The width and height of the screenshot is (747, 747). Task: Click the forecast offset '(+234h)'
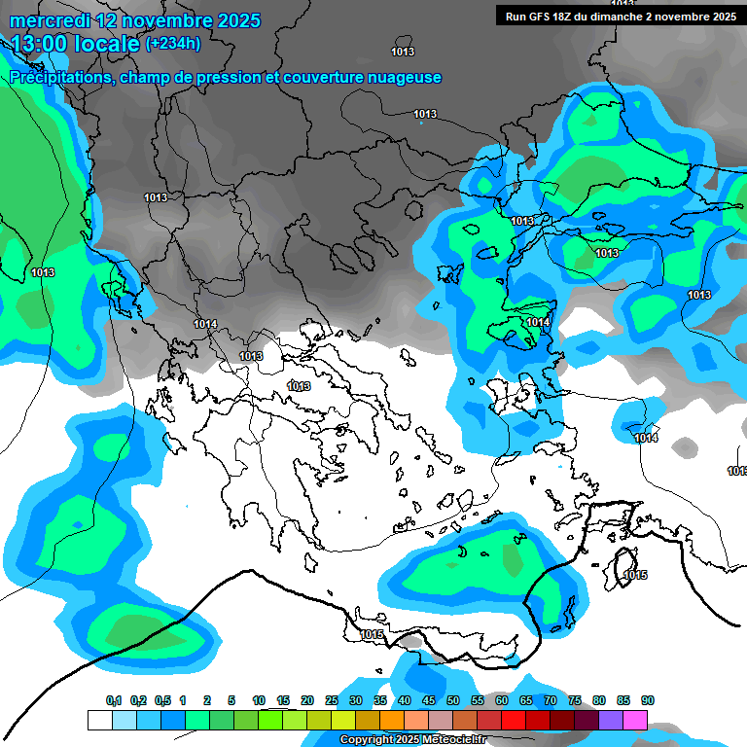pyautogui.click(x=173, y=43)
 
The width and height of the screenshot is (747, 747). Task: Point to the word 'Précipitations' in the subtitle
pyautogui.click(x=58, y=77)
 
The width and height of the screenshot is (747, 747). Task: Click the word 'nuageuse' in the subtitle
pyautogui.click(x=404, y=77)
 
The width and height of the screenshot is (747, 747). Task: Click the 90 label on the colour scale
pyautogui.click(x=648, y=701)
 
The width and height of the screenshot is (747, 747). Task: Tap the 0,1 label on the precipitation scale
pyautogui.click(x=113, y=701)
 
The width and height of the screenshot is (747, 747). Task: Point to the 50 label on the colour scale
pyautogui.click(x=453, y=701)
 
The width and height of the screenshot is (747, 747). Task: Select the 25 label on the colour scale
pyautogui.click(x=332, y=701)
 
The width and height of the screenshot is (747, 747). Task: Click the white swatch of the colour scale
pyautogui.click(x=99, y=720)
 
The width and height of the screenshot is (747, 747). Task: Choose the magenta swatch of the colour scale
pyautogui.click(x=634, y=720)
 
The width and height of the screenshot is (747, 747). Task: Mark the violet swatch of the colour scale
pyautogui.click(x=610, y=720)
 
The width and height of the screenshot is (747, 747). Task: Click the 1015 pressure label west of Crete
pyautogui.click(x=372, y=635)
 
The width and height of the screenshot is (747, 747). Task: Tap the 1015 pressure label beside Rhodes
pyautogui.click(x=635, y=576)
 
